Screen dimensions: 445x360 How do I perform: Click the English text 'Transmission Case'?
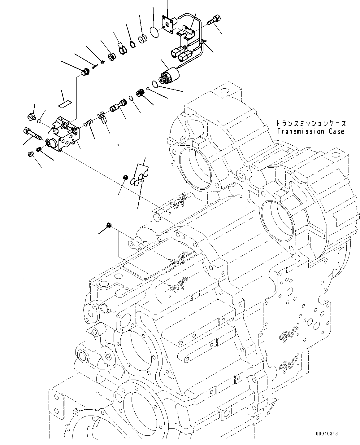point(310,131)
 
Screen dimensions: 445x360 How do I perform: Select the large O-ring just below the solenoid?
point(155,83)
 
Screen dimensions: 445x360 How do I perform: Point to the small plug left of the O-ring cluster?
point(126,178)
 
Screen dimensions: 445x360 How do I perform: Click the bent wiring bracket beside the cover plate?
point(186,33)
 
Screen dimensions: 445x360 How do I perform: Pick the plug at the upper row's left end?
point(84,73)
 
